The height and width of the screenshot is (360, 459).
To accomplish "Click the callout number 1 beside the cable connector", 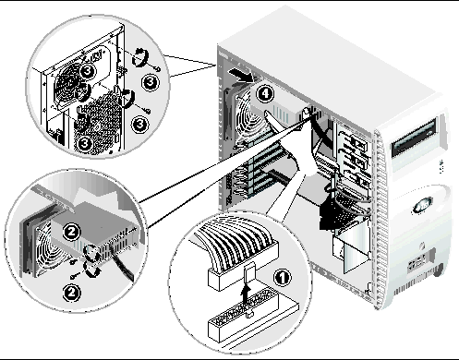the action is pyautogui.click(x=282, y=278).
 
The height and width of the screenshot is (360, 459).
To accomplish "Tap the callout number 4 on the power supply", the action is pyautogui.click(x=265, y=94).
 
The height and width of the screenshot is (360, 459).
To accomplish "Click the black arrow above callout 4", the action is pyautogui.click(x=242, y=76).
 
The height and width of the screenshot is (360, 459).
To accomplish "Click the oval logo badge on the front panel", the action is pyautogui.click(x=422, y=206).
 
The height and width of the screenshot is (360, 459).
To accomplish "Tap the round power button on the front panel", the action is pyautogui.click(x=421, y=246).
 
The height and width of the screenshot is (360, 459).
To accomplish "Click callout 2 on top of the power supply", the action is pyautogui.click(x=71, y=232).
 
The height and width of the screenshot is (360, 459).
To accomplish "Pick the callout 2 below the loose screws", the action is pyautogui.click(x=72, y=292).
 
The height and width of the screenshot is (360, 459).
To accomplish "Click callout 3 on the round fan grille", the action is pyautogui.click(x=87, y=71).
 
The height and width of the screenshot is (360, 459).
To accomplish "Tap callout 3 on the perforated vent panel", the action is pyautogui.click(x=85, y=143).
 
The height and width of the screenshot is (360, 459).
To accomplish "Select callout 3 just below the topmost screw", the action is pyautogui.click(x=151, y=82).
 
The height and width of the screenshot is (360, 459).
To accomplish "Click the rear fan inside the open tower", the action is pyautogui.click(x=244, y=118).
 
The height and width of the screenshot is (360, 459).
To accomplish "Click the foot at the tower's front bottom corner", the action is pyautogui.click(x=439, y=270).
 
